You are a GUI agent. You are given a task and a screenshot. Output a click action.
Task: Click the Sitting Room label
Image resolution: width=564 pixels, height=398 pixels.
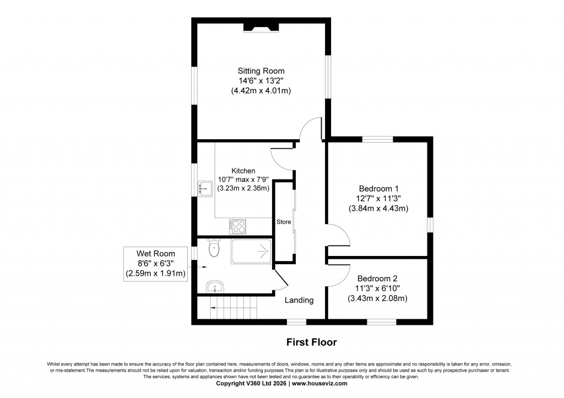(x=261, y=71)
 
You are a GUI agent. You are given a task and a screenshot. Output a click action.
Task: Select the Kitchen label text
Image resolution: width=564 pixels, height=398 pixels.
(x=243, y=171)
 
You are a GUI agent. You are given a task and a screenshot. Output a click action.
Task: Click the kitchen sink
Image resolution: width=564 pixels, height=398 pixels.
(x=205, y=189)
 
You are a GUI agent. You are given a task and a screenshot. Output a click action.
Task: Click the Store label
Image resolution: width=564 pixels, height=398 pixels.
(x=284, y=222)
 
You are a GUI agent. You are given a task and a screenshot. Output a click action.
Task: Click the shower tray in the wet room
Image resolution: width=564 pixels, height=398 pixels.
(x=251, y=252)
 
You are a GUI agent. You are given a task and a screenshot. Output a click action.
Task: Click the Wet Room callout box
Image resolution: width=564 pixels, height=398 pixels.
(x=156, y=264)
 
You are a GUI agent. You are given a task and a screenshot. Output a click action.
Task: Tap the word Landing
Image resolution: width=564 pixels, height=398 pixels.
(x=299, y=300)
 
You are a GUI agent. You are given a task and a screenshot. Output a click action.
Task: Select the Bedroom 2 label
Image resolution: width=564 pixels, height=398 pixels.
(x=377, y=279)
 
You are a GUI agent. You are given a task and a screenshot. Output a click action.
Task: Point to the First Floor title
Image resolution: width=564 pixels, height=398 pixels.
(x=311, y=342)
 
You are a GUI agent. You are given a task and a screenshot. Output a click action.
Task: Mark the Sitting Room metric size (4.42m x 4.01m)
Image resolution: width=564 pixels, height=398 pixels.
(x=261, y=91)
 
